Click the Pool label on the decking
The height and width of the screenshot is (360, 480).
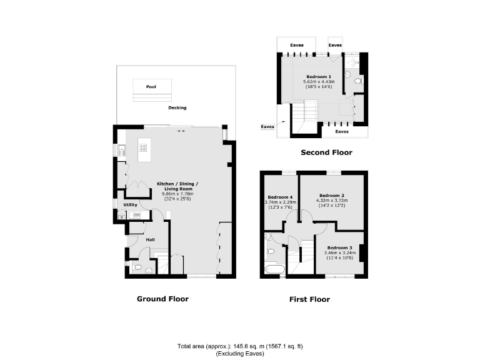click(150, 87)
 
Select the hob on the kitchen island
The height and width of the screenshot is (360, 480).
click(143, 148)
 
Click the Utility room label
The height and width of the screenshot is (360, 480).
click(130, 204)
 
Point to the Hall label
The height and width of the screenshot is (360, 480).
click(150, 239)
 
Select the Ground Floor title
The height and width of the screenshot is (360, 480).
click(162, 299)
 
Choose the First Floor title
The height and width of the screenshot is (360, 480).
click(309, 299)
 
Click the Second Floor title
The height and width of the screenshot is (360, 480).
click(326, 152)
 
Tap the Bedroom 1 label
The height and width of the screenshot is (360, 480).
click(319, 76)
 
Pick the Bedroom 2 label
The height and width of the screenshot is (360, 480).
click(332, 195)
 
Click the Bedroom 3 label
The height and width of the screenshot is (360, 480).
click(339, 248)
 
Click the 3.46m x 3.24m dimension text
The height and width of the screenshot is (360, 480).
click(339, 253)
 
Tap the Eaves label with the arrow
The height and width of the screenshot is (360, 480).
click(267, 127)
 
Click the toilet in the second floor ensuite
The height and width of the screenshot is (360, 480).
click(357, 81)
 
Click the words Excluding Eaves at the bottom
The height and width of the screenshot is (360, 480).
click(240, 354)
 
